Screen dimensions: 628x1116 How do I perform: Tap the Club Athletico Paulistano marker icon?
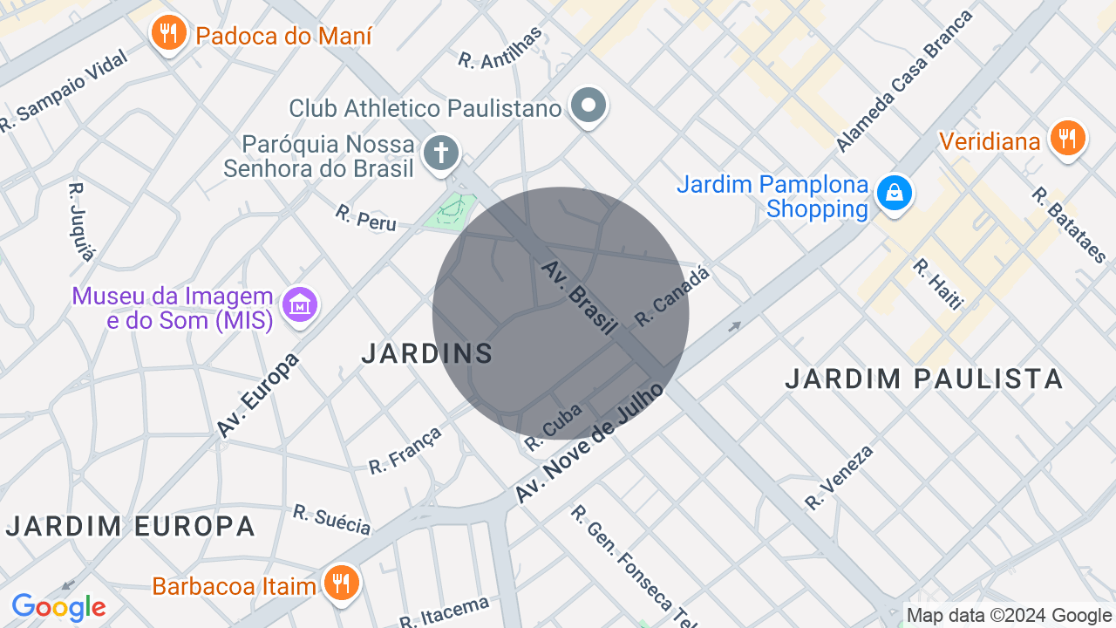tap(588, 106)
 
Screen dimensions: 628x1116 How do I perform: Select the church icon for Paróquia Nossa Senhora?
tap(441, 154)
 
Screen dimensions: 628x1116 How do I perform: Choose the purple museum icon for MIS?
tap(300, 305)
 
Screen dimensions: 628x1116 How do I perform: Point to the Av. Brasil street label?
tap(579, 297)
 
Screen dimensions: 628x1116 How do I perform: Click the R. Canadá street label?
tap(672, 297)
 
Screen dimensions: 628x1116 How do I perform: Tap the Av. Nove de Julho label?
tap(589, 443)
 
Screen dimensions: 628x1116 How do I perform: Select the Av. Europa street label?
tap(258, 394)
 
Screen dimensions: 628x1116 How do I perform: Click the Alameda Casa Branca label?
tap(904, 81)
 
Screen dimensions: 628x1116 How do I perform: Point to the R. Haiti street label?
tap(938, 283)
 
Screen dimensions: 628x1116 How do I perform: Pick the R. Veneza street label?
tap(839, 477)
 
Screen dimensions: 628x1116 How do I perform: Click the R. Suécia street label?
tap(331, 520)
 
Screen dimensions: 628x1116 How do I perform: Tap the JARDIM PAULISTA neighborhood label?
tap(924, 379)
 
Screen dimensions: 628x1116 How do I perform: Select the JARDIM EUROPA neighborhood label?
tap(131, 527)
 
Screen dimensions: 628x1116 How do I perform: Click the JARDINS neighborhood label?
tap(427, 353)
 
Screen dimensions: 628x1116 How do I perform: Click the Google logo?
tap(58, 607)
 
